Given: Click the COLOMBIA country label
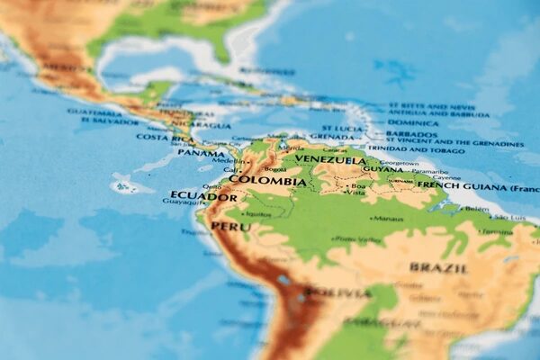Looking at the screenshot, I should point(267,180).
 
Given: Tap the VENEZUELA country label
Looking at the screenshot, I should point(329,160).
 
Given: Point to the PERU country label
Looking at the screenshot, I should point(231,227).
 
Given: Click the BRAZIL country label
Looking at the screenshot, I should point(438,267).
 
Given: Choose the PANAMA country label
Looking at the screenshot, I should point(201,153).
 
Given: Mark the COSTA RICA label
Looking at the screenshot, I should point(166,137).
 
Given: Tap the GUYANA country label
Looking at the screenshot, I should point(383,168).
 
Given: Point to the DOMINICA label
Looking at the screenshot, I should point(413,122).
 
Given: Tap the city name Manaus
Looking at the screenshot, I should point(388,219).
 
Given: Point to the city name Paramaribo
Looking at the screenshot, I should point(429,171).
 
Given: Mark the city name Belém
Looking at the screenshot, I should point(476,209).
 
